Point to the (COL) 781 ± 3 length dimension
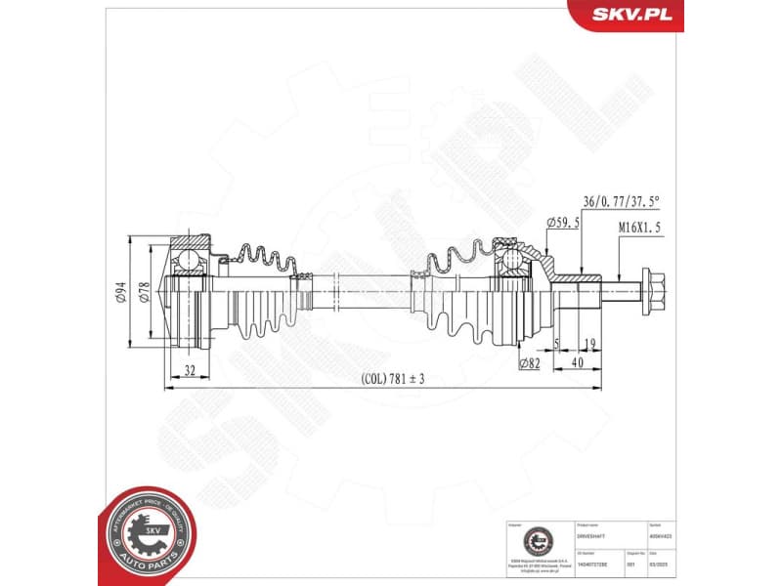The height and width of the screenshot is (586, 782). [x=392, y=379]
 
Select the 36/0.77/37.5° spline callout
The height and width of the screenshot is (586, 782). [x=622, y=202]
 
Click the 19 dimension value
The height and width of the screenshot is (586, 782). [x=589, y=344]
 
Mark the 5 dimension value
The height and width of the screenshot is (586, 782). [x=556, y=344]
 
